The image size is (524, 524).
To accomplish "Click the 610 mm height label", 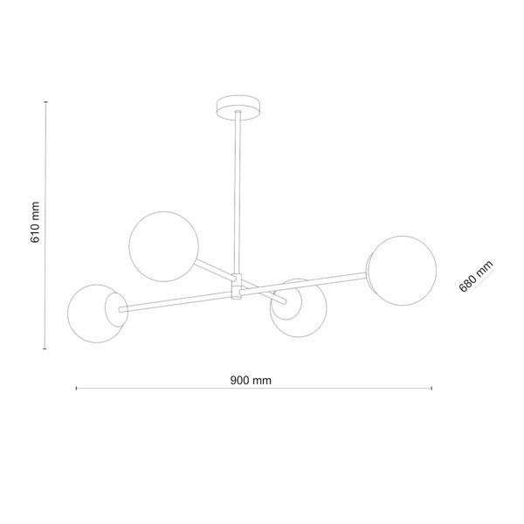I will [36, 224].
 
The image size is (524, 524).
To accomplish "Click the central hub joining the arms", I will [236, 287].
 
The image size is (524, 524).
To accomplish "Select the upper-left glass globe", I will [163, 245].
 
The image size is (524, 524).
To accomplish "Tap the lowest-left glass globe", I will [94, 313].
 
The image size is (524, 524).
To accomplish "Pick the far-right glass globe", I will [401, 269].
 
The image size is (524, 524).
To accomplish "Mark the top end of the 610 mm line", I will [45, 100].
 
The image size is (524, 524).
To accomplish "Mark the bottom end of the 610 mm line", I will [45, 348].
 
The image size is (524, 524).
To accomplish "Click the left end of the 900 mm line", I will [77, 388].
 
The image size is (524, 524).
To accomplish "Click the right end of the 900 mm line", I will [431, 388].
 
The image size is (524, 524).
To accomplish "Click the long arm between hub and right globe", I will [306, 284].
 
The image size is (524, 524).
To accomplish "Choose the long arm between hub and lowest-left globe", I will [175, 299].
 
